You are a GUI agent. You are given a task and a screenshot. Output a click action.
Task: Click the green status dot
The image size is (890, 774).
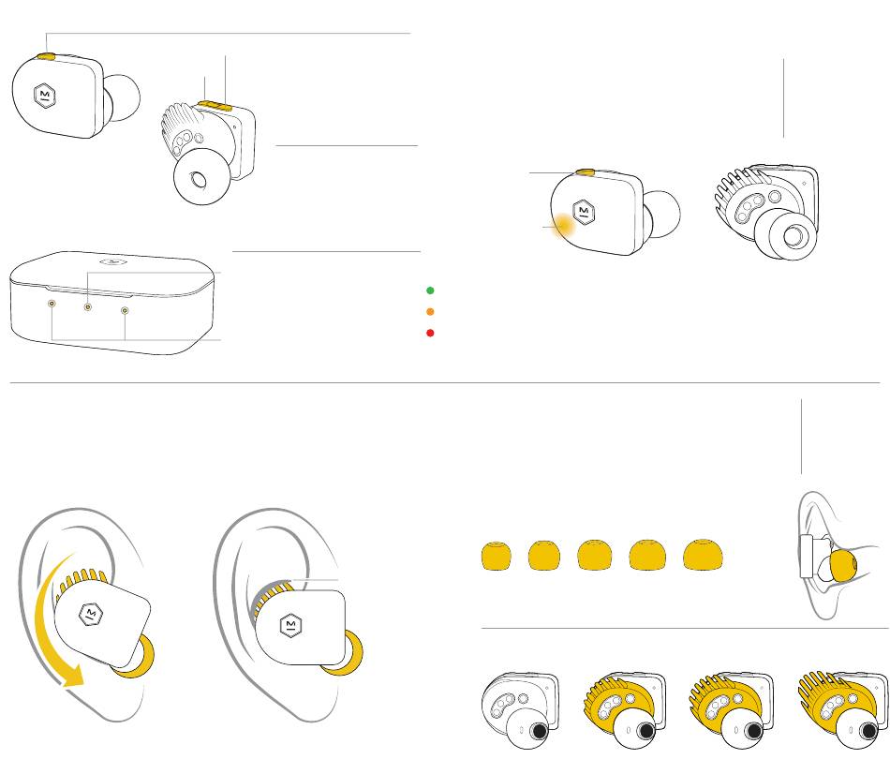click(429, 290)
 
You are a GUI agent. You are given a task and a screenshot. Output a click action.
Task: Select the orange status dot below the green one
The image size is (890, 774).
click(429, 311)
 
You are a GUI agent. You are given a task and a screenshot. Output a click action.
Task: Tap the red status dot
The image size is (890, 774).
click(429, 333)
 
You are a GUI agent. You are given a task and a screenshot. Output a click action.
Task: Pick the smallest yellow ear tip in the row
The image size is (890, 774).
click(496, 556)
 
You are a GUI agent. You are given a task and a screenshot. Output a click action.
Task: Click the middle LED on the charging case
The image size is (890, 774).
click(88, 306)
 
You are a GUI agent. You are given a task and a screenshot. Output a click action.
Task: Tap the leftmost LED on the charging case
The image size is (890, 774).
click(52, 305)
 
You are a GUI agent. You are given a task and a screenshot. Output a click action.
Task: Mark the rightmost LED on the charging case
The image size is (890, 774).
click(125, 310)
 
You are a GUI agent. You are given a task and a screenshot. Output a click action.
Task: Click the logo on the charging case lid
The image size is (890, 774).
click(111, 261)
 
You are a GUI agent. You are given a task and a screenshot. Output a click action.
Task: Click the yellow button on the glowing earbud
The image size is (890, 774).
click(586, 173)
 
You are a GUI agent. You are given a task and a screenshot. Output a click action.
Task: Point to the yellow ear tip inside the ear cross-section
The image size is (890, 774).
click(842, 566)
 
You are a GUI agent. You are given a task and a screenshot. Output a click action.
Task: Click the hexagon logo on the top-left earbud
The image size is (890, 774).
click(45, 96)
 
